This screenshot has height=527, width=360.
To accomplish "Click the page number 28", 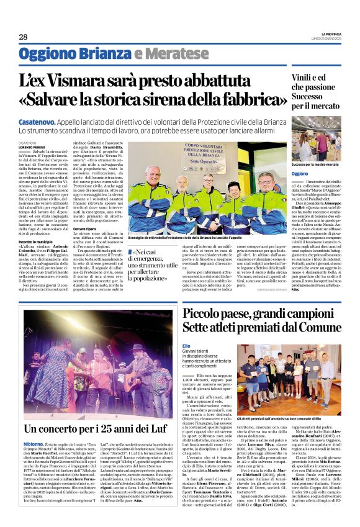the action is (23, 37).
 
